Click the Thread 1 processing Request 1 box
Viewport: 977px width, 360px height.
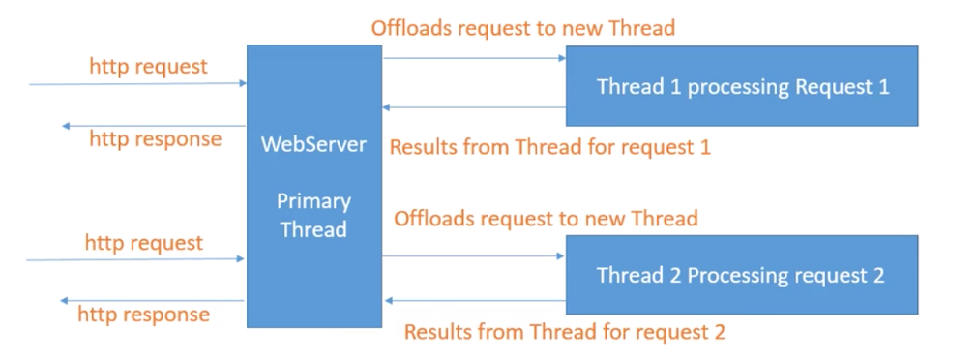[x=741, y=86]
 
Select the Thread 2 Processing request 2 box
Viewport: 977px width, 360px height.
[x=741, y=275]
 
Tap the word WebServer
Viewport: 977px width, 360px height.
[x=313, y=145]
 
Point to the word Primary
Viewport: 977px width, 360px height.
[x=313, y=201]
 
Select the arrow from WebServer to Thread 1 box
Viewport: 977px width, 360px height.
[x=474, y=58]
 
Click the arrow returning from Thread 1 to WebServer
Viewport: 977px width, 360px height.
[x=474, y=106]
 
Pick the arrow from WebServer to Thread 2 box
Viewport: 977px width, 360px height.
[x=474, y=256]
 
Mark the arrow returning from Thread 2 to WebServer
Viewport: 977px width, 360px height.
[x=474, y=300]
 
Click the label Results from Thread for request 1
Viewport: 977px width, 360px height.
[x=549, y=148]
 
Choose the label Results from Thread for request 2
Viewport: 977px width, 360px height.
[x=564, y=332]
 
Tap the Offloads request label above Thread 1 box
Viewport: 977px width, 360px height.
[x=522, y=27]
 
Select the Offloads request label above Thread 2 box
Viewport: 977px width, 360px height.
[x=546, y=218]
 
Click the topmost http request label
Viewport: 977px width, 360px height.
[x=148, y=67]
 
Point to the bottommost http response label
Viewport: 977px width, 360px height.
[x=143, y=315]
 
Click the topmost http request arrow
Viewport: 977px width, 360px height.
[x=135, y=84]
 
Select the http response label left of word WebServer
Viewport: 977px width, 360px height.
[x=155, y=139]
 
